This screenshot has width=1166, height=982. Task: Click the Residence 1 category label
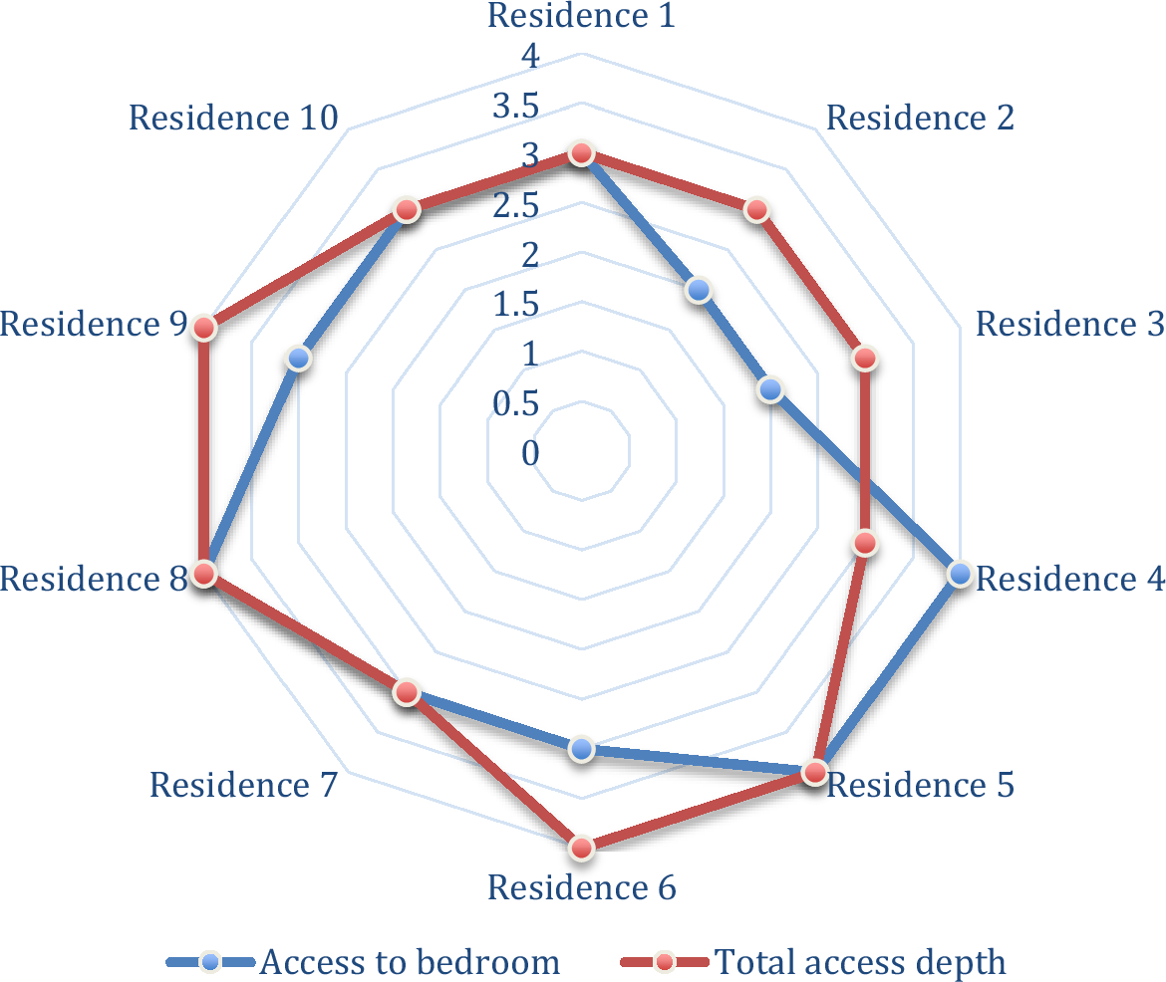[x=581, y=16]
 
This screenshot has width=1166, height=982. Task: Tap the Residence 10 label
[x=233, y=118]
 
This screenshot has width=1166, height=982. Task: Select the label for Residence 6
[x=581, y=887]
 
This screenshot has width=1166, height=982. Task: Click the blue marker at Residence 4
[x=960, y=574]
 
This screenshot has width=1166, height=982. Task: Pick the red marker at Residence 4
[x=865, y=543]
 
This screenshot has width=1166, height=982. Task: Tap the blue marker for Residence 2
[x=699, y=291]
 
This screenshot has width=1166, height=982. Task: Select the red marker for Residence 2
[x=756, y=210]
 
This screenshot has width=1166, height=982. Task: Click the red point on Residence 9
[x=204, y=328]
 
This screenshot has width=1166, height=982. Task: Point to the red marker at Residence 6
[x=582, y=848]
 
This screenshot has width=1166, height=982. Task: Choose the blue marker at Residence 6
[x=582, y=749]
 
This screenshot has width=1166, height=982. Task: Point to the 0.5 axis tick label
[x=514, y=403]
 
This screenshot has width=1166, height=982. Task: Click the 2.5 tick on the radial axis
[x=515, y=206]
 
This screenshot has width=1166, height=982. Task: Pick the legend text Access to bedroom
[x=410, y=962]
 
